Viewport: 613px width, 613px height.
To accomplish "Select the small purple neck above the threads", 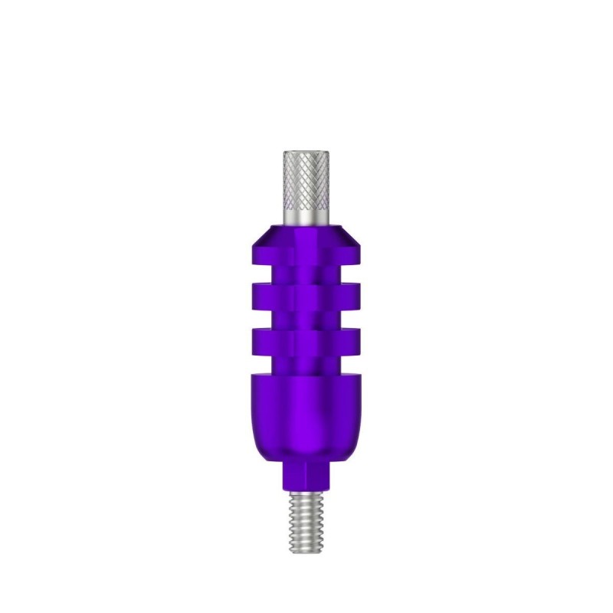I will click(306, 479).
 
